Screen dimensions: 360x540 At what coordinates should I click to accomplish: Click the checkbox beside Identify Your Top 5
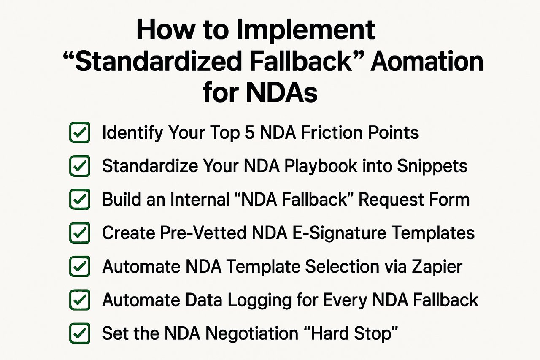pos(79,133)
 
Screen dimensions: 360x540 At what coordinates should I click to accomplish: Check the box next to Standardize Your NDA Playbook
pos(79,166)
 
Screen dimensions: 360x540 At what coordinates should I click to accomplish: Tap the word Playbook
pos(319,166)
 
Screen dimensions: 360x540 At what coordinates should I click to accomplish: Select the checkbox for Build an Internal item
pos(79,199)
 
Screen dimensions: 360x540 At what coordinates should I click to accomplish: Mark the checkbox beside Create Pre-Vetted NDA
pos(79,233)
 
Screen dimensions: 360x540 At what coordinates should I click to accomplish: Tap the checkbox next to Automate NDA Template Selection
pos(79,267)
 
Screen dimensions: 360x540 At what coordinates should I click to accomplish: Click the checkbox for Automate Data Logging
pos(79,300)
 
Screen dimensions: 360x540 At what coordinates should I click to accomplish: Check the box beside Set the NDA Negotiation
pos(79,333)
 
